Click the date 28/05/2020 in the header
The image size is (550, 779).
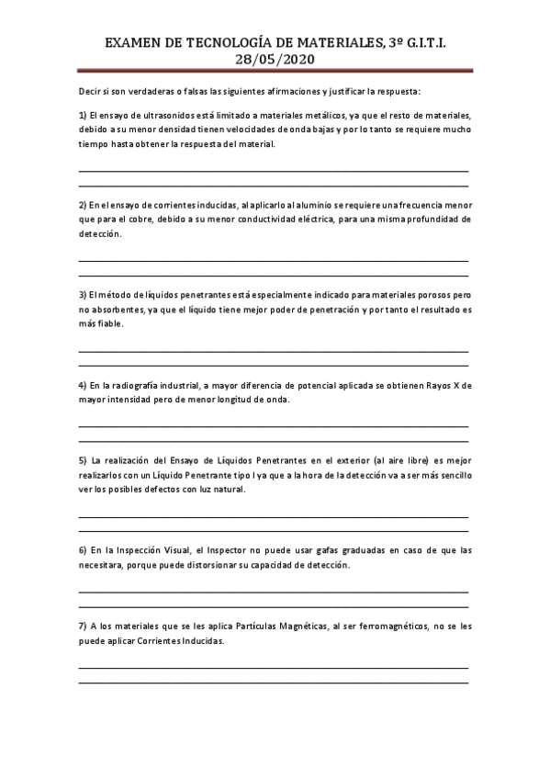[275, 59]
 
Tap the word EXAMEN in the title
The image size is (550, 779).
[134, 43]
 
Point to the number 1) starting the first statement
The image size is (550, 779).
[83, 115]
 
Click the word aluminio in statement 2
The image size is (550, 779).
[317, 205]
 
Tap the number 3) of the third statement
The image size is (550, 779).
[83, 295]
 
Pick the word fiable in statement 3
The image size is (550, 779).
[106, 324]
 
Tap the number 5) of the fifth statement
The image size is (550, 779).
[83, 460]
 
